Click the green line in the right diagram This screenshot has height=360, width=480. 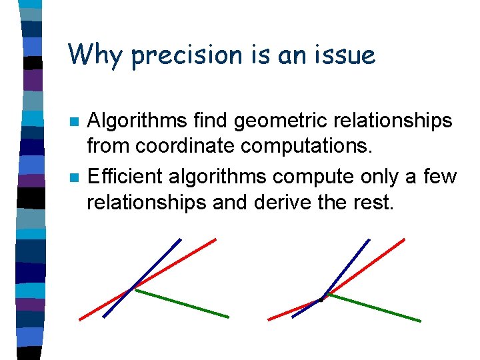point(373,307)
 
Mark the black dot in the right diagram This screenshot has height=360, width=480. point(321,299)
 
